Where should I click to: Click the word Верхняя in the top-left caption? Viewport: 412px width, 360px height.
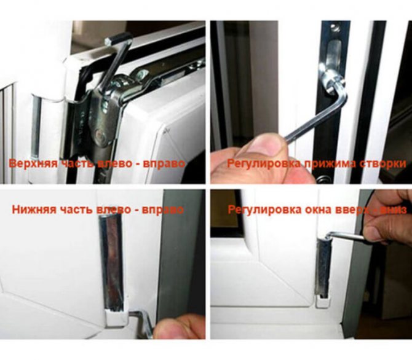[x=33, y=163]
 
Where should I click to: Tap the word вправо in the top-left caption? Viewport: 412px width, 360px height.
[x=164, y=163]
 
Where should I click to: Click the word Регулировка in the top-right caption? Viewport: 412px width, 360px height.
[x=264, y=163]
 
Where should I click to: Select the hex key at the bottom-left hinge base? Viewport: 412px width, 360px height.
[x=143, y=322]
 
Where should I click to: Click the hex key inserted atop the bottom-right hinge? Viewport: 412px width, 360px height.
[x=347, y=236]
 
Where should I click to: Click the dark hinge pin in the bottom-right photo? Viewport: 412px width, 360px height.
[x=323, y=268]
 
